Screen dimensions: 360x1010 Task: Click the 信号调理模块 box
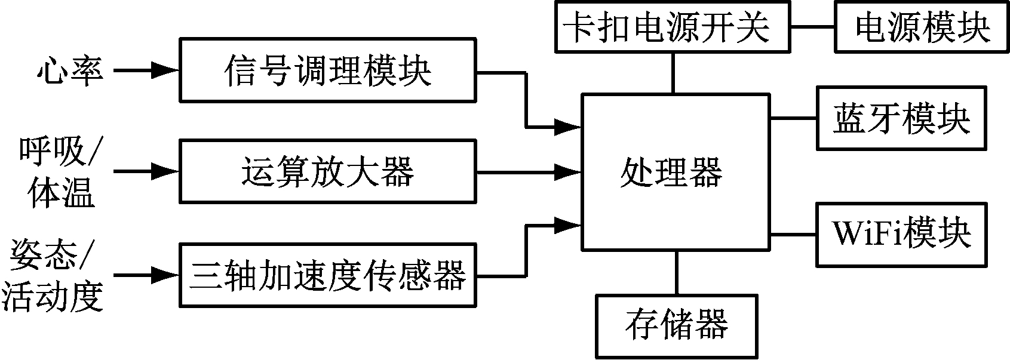click(x=328, y=70)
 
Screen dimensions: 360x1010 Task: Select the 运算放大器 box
click(x=328, y=171)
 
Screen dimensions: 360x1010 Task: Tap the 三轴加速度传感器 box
click(x=328, y=275)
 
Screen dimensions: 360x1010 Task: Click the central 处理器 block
click(x=675, y=171)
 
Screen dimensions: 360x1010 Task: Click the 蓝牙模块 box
click(x=901, y=118)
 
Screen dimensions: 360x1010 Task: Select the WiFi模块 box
click(x=901, y=233)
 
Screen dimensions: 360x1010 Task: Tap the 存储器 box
click(x=677, y=326)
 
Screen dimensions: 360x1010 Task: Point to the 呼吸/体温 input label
click(x=60, y=172)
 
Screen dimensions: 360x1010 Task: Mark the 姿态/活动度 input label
click(x=53, y=276)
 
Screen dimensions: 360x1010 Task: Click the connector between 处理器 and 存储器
click(x=677, y=272)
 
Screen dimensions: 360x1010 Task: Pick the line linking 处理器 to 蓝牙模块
click(x=793, y=118)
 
